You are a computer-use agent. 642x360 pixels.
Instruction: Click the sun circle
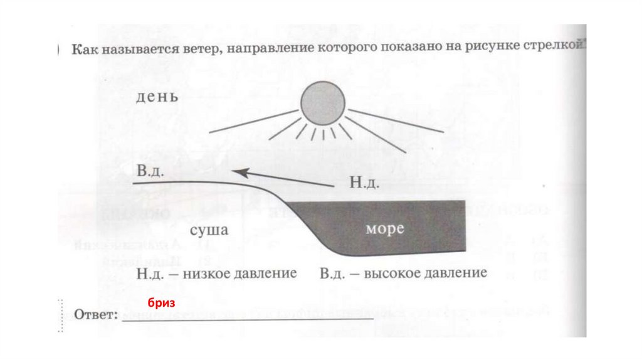322,105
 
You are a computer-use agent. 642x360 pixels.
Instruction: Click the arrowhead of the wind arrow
237,170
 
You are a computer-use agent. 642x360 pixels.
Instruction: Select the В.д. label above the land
150,172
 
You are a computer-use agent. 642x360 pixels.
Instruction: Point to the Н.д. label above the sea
362,183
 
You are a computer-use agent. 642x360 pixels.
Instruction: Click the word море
384,229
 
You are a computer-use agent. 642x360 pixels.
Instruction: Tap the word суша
209,230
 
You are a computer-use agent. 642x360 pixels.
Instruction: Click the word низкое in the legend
211,274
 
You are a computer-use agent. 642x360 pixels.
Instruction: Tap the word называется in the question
129,48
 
